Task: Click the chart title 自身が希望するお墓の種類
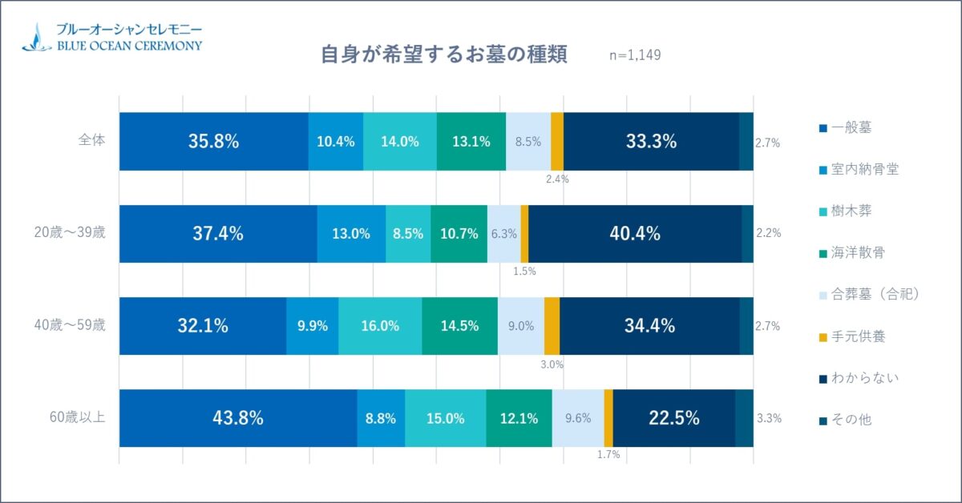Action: tap(443, 54)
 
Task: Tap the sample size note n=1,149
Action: tap(635, 55)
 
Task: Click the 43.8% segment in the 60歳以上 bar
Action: tap(237, 418)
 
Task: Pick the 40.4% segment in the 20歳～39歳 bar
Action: tap(634, 234)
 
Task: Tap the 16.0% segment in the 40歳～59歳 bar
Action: tap(380, 326)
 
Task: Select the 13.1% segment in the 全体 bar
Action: tap(471, 142)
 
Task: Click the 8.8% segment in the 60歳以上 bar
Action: tap(381, 418)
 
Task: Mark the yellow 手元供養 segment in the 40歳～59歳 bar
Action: tap(552, 326)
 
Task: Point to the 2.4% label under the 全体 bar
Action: tap(557, 179)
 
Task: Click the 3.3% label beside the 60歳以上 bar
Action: tap(769, 418)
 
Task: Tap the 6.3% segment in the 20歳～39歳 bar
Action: tap(503, 234)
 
